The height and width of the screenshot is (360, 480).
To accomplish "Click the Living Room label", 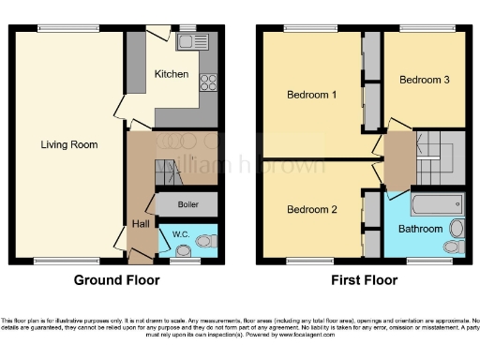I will pyautogui.click(x=70, y=144).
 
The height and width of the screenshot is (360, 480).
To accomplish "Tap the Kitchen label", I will pyautogui.click(x=172, y=74).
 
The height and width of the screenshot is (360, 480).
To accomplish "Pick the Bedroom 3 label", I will pyautogui.click(x=425, y=80).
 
